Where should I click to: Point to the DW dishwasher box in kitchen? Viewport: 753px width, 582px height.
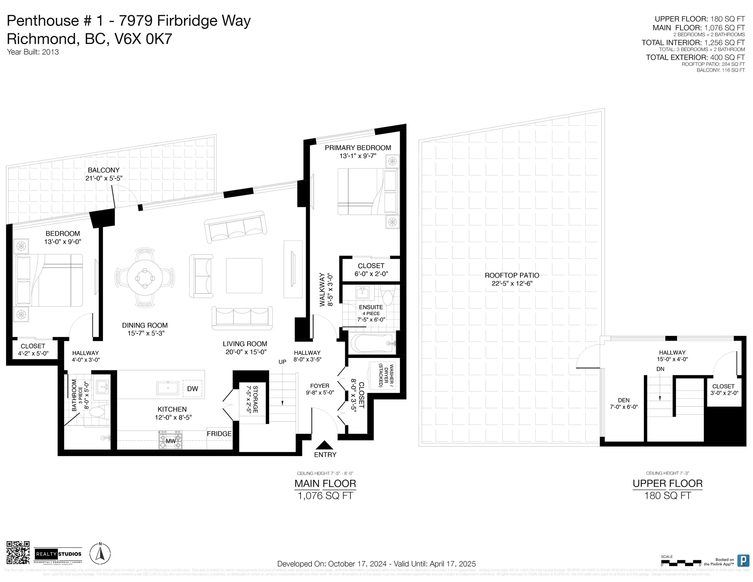[x=192, y=389]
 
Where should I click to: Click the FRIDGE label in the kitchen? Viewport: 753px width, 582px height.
[x=219, y=434]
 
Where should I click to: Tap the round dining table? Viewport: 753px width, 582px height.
[x=145, y=277]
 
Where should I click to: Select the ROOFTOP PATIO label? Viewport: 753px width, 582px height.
[x=512, y=275]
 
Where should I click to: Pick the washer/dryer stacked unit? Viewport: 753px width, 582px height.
[x=383, y=376]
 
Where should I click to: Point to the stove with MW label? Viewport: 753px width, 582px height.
[x=171, y=440]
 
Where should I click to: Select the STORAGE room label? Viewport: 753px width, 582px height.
[x=255, y=399]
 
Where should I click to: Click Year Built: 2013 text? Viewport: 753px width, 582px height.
[x=33, y=52]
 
